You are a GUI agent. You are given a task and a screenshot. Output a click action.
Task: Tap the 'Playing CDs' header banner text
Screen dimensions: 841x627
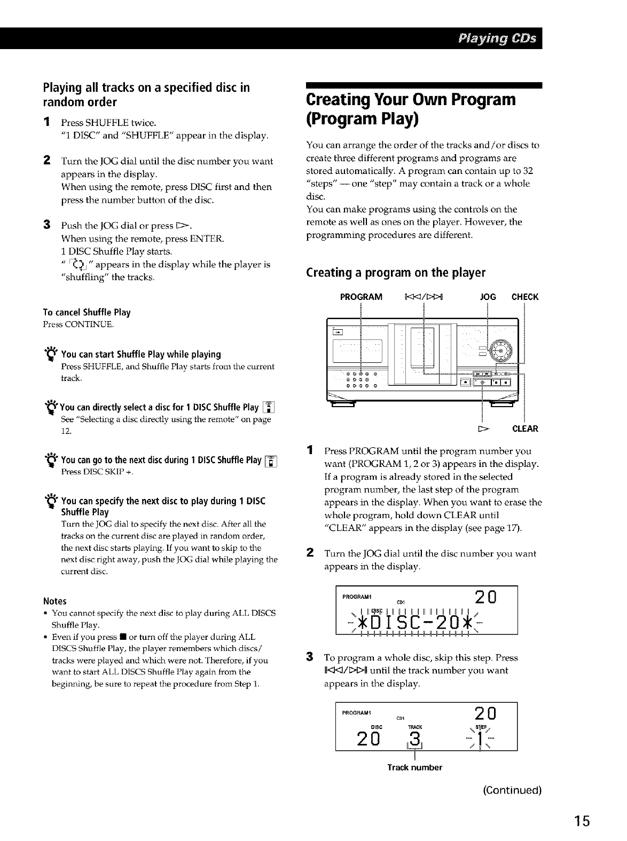tap(496, 39)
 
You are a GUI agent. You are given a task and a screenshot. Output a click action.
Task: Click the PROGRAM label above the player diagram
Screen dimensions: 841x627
tap(361, 297)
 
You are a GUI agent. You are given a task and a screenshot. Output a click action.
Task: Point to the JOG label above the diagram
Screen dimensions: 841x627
tap(489, 297)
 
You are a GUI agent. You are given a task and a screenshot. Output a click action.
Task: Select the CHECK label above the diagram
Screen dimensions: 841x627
tap(525, 297)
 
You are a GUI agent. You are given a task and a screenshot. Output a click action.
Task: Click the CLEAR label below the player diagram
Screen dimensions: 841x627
tap(525, 429)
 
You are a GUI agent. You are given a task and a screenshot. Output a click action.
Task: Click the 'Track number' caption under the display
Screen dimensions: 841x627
tap(414, 767)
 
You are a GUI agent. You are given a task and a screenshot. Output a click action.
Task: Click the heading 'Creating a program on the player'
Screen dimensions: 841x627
tap(395, 273)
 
